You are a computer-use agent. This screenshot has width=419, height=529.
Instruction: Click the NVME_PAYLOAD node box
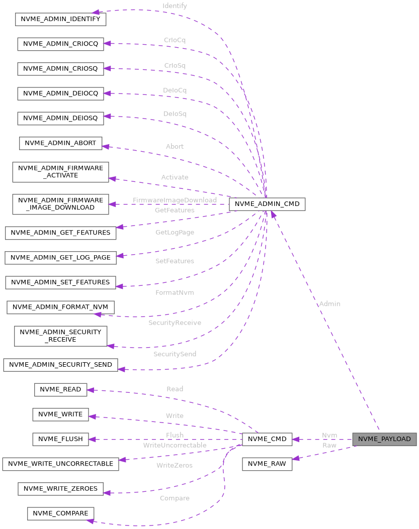(x=384, y=439)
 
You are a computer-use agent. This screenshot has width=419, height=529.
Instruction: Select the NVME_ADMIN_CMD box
(x=267, y=204)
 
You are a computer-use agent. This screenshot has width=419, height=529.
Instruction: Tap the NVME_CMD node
(x=267, y=439)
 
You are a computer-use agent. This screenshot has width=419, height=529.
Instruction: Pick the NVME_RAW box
(x=267, y=464)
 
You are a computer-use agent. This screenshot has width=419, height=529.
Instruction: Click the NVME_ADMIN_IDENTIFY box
(x=60, y=20)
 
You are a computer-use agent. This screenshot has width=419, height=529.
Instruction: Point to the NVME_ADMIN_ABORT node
(x=60, y=143)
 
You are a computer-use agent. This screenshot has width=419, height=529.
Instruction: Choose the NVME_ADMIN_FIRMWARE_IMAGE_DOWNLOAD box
(x=60, y=203)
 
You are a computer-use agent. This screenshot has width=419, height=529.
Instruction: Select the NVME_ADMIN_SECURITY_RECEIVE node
(x=60, y=336)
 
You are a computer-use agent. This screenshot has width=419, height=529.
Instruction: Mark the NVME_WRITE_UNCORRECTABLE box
(x=60, y=464)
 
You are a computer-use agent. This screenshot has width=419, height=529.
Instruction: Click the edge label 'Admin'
(x=329, y=304)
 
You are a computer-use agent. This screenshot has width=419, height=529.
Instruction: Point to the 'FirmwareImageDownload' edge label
(x=175, y=200)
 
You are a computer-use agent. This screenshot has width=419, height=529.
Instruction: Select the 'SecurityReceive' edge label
(x=175, y=323)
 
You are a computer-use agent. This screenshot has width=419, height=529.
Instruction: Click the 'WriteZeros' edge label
(x=175, y=465)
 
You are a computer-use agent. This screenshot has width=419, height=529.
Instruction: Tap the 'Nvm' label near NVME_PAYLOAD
(x=329, y=435)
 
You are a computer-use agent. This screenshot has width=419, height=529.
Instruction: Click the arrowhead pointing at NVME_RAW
(x=296, y=458)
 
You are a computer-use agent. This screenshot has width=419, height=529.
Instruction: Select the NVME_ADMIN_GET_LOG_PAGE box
(x=60, y=257)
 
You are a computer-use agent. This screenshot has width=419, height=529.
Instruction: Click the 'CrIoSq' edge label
(x=175, y=66)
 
